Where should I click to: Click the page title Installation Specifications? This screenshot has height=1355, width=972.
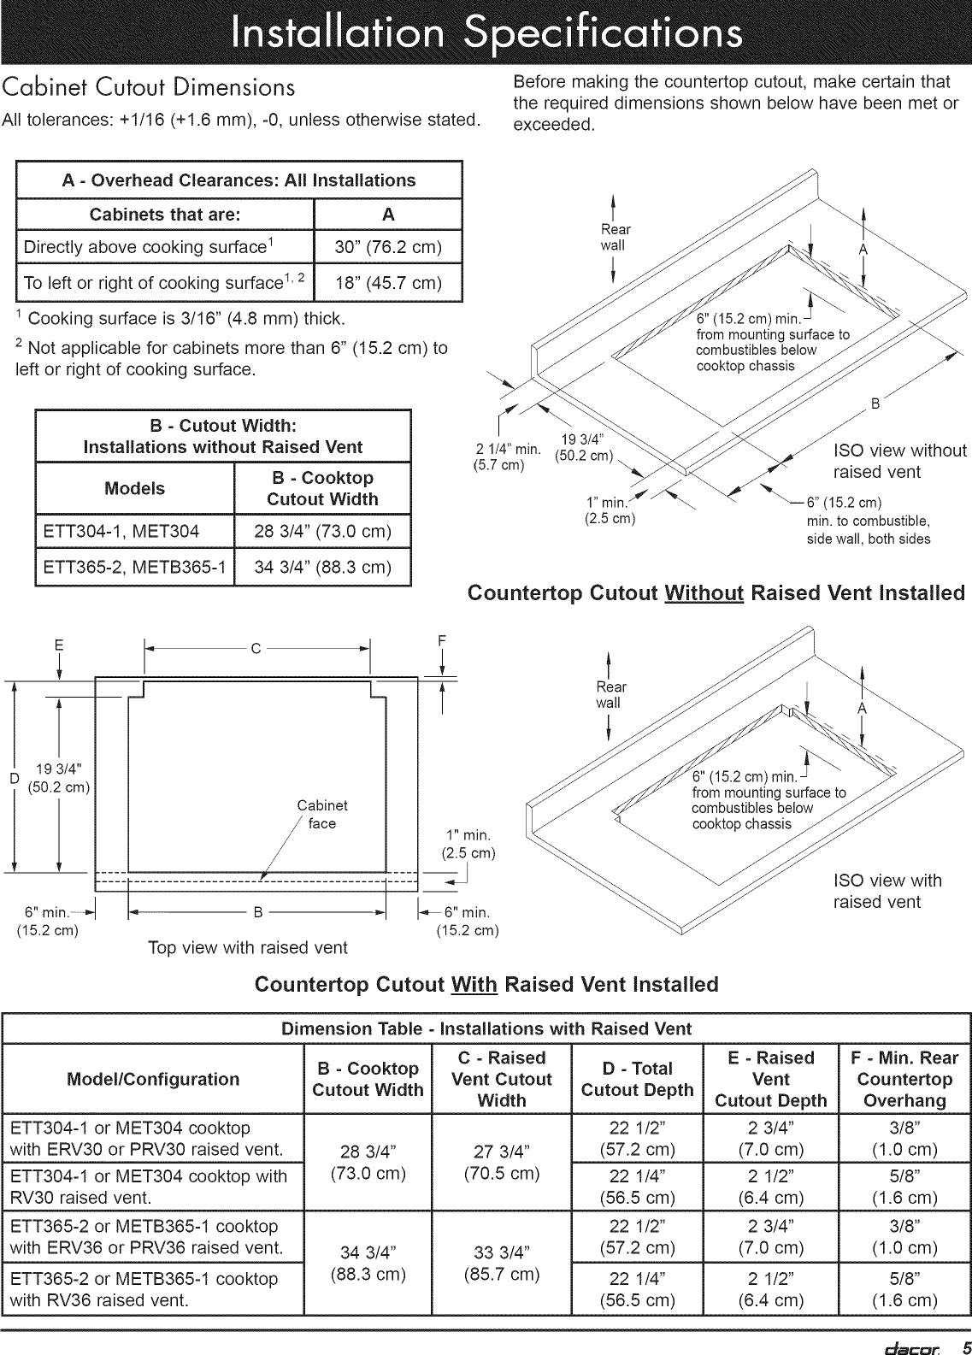[485, 33]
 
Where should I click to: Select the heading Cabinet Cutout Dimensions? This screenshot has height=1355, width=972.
[150, 88]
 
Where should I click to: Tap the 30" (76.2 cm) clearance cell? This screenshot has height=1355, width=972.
[388, 248]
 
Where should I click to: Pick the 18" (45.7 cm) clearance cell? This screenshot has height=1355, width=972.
[388, 283]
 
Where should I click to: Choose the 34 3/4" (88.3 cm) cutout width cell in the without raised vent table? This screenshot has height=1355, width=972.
[322, 568]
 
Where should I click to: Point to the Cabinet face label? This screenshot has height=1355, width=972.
[322, 814]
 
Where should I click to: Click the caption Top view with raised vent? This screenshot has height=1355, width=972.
[248, 947]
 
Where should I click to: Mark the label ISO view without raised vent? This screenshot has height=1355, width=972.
[899, 462]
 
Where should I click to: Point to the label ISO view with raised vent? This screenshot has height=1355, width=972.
[887, 891]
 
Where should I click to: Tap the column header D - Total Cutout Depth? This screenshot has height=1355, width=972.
[637, 1079]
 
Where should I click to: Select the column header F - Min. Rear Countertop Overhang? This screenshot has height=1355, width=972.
[904, 1079]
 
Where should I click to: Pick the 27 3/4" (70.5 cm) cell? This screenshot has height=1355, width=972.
[502, 1161]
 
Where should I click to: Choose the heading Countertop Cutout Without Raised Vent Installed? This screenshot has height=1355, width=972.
[716, 593]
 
